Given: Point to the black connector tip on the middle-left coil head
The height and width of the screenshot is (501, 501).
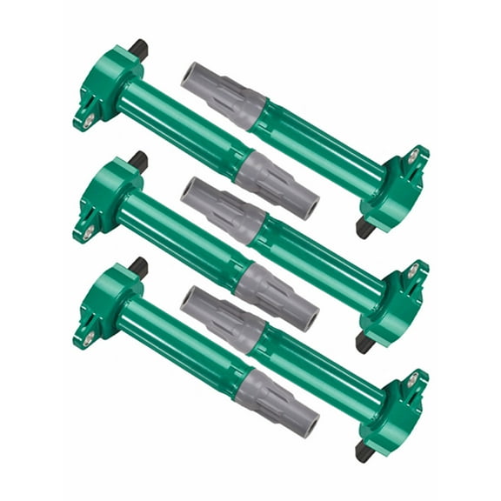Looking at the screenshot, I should (x=137, y=159).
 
